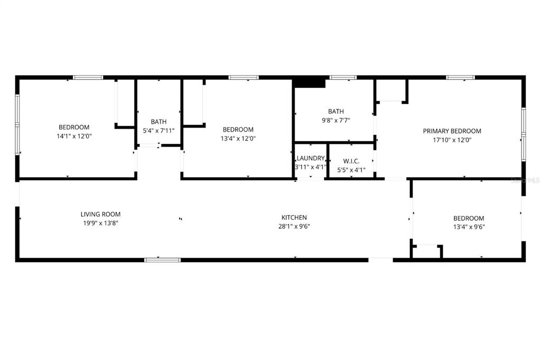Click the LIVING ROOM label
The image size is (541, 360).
pyautogui.click(x=100, y=214)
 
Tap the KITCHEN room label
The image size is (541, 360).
pyautogui.click(x=294, y=217)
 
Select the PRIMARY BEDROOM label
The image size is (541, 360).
pyautogui.click(x=452, y=131)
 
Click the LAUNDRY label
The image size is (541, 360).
pyautogui.click(x=310, y=158)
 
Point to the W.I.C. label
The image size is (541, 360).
pyautogui.click(x=351, y=161)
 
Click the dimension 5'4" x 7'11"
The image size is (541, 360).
pyautogui.click(x=159, y=130)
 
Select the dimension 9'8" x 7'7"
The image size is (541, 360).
pyautogui.click(x=336, y=120)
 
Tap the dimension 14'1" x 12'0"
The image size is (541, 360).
pyautogui.click(x=74, y=136)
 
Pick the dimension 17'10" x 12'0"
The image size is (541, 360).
pyautogui.click(x=452, y=140)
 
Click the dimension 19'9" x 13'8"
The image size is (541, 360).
pyautogui.click(x=100, y=223)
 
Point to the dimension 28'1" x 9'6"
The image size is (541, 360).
pyautogui.click(x=294, y=226)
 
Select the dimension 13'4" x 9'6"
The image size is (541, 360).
pyautogui.click(x=469, y=227)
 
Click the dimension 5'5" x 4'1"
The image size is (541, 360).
pyautogui.click(x=351, y=170)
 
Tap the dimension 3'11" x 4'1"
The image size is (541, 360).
pyautogui.click(x=310, y=167)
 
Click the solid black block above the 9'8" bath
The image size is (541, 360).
pyautogui.click(x=309, y=82)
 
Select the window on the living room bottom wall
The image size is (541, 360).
pyautogui.click(x=163, y=260)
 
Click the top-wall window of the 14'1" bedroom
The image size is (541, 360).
pyautogui.click(x=88, y=78)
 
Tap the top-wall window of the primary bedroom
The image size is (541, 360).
pyautogui.click(x=460, y=78)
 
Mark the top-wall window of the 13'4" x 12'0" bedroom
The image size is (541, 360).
pyautogui.click(x=243, y=78)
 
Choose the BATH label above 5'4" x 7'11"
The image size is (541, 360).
pyautogui.click(x=159, y=121)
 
